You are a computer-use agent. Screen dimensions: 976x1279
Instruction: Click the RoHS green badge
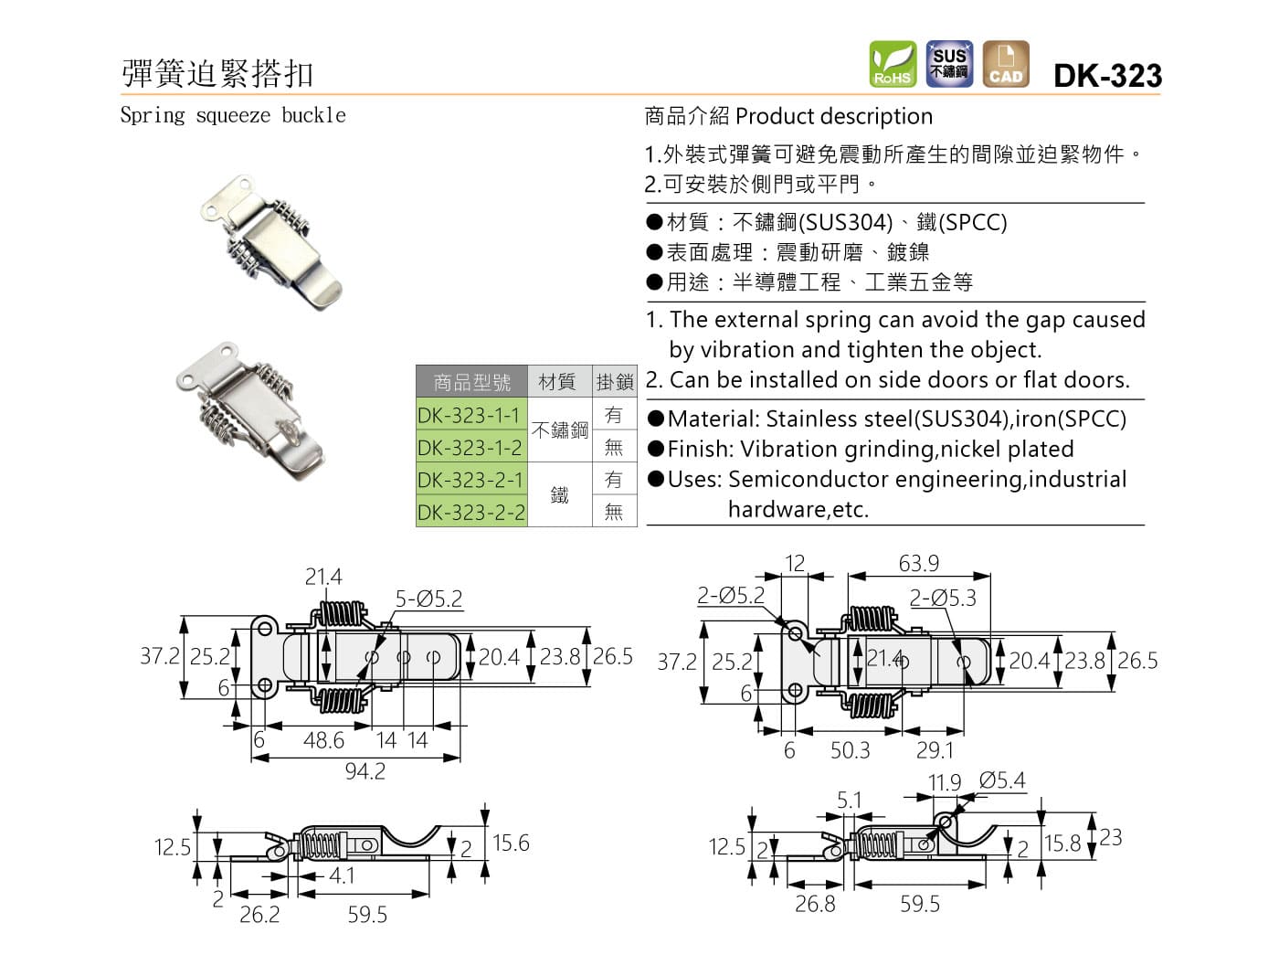coord(893,64)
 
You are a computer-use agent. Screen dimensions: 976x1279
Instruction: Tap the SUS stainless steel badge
coord(949,64)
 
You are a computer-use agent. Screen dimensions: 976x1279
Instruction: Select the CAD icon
coord(1006,64)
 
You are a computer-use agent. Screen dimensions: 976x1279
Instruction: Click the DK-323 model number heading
coord(1107,75)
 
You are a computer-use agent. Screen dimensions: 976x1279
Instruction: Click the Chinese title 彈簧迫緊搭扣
coord(217,73)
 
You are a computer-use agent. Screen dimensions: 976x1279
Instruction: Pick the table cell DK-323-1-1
coord(470,415)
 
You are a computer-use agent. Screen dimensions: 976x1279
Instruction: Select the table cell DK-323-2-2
coord(470,512)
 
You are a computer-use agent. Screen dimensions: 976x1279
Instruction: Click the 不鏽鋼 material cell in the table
coord(559,430)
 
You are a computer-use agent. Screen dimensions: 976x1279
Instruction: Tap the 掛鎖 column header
coord(614,382)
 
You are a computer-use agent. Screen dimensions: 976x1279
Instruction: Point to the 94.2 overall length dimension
coord(365,772)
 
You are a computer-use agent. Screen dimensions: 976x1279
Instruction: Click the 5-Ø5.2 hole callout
coord(428,599)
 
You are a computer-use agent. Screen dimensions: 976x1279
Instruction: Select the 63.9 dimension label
coord(918,563)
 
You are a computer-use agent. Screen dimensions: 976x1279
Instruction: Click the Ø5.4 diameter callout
coord(1002,780)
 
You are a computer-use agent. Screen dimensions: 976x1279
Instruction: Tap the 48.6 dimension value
coord(323,739)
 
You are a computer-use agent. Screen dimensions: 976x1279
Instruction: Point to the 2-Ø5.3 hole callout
coord(943,599)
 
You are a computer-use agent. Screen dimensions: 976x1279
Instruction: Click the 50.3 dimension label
coord(850,750)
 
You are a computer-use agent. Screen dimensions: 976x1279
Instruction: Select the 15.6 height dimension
coord(511,843)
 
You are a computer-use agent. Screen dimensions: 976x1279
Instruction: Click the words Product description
coord(833,117)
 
